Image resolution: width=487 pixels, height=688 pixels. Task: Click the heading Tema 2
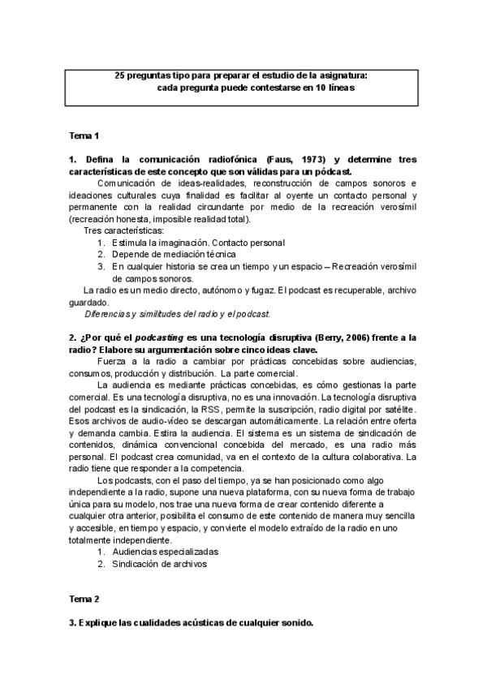(x=84, y=599)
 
